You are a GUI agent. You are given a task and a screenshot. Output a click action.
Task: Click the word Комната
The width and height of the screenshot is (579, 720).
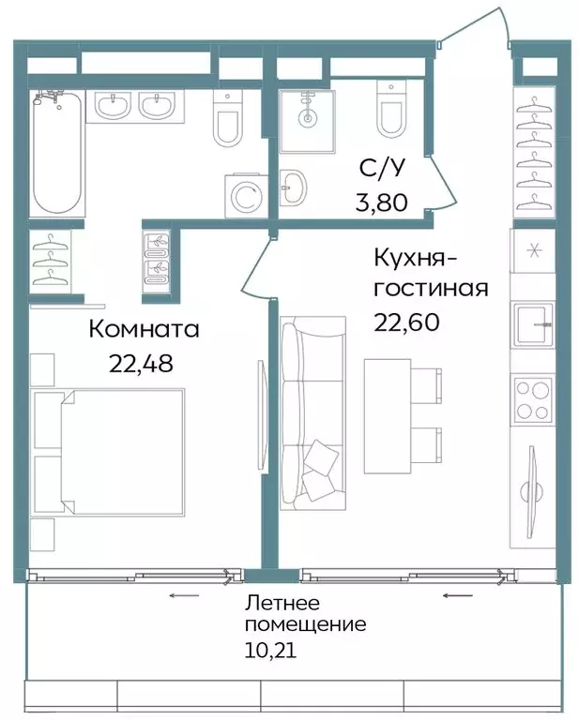click(145, 330)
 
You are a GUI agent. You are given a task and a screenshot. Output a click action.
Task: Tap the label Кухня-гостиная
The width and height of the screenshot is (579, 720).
click(430, 272)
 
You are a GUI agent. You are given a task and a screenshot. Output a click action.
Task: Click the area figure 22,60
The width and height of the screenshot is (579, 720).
click(405, 322)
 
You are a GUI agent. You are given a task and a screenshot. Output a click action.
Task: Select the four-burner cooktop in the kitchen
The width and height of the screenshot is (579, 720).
click(532, 398)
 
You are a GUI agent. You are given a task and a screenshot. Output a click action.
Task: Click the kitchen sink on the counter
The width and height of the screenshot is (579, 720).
click(532, 324)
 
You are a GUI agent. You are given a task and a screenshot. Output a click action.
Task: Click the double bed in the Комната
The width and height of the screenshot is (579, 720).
click(108, 451)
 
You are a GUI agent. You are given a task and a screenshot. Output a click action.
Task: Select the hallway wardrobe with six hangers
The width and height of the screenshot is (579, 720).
click(533, 155)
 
